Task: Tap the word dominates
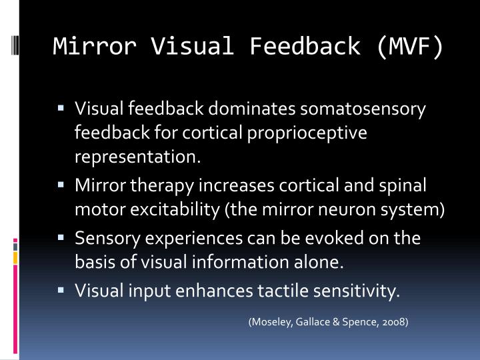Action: (x=257, y=108)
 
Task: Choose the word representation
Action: (x=137, y=157)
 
